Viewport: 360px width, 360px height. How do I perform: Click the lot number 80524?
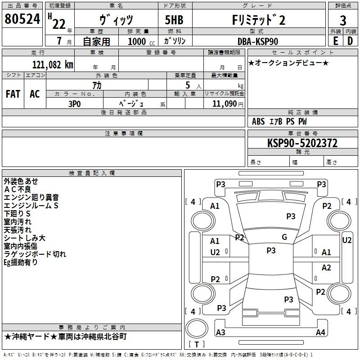point(22,19)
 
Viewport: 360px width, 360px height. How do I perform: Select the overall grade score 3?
point(343,21)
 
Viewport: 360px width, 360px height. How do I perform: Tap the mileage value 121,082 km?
point(53,65)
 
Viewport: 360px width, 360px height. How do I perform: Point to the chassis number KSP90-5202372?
point(302,143)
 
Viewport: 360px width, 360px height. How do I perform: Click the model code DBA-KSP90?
point(257,41)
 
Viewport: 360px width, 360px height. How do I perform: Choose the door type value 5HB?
point(174,20)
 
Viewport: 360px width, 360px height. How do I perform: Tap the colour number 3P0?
point(75,104)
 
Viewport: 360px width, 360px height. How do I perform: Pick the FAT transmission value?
point(13,94)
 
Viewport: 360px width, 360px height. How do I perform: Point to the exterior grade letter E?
point(335,41)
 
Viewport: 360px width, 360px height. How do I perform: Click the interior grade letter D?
point(350,41)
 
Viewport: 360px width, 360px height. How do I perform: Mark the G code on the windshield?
point(284,237)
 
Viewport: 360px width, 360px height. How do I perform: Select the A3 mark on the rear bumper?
point(220,332)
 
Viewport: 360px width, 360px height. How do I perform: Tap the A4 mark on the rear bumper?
point(320,332)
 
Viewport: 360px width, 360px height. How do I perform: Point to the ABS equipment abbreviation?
point(258,121)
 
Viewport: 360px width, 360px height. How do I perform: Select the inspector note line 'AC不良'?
point(18,189)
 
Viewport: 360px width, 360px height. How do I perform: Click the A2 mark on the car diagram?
point(326,268)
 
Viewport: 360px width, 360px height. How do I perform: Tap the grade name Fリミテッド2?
point(259,20)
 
